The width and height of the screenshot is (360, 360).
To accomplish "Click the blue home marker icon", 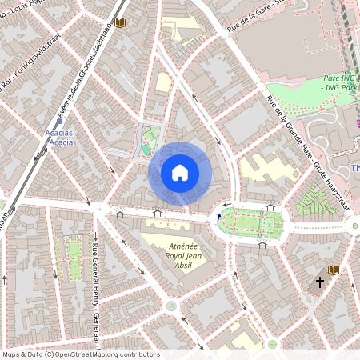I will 180,172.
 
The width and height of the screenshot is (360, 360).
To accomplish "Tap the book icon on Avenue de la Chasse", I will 121,24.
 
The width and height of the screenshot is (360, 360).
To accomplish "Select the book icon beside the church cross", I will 334,270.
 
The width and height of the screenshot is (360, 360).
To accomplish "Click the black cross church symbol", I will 320,282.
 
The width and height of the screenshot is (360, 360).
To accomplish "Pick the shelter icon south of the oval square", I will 262,246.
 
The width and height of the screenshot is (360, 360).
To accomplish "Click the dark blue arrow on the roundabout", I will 219,216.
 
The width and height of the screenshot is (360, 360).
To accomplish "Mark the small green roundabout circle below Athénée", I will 171,306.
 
